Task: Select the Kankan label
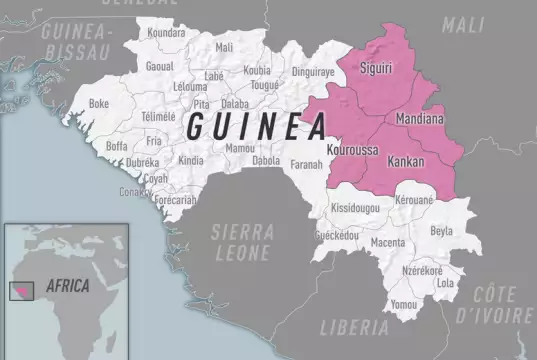pos(405,160)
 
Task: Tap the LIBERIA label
pos(354,326)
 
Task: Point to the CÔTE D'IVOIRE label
pos(503,305)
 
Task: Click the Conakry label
pos(137,191)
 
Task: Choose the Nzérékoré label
pos(422,271)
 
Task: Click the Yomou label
pos(404,303)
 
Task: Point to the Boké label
pos(99,103)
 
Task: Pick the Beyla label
pos(442,231)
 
